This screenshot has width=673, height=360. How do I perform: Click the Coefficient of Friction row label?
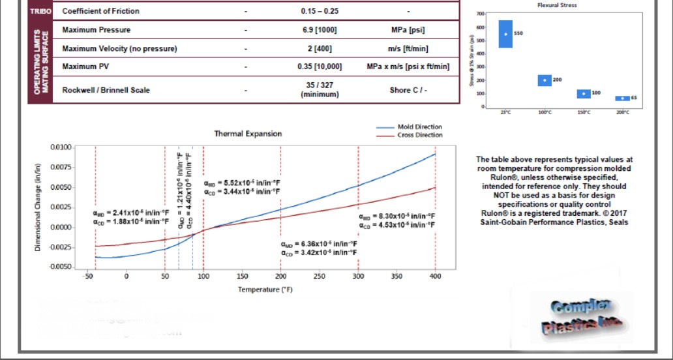point(100,11)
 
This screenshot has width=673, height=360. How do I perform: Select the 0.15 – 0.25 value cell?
point(320,11)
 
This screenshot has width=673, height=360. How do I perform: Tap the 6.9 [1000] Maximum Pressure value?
point(320,31)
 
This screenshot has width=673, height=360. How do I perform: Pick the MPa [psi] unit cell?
point(408,31)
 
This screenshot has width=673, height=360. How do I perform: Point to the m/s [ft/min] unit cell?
point(408,49)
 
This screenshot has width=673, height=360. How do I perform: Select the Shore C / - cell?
point(408,90)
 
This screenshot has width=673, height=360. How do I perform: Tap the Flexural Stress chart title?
point(556,5)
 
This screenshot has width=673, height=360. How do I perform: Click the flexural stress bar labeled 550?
point(505,34)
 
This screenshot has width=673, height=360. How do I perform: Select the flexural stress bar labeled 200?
point(545,80)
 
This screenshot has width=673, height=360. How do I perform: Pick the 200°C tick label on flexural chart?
point(623,112)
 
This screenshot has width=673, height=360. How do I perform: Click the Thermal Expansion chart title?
point(248,134)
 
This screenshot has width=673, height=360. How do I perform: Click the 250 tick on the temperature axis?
point(319,277)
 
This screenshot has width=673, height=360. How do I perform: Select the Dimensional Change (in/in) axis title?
point(38,207)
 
